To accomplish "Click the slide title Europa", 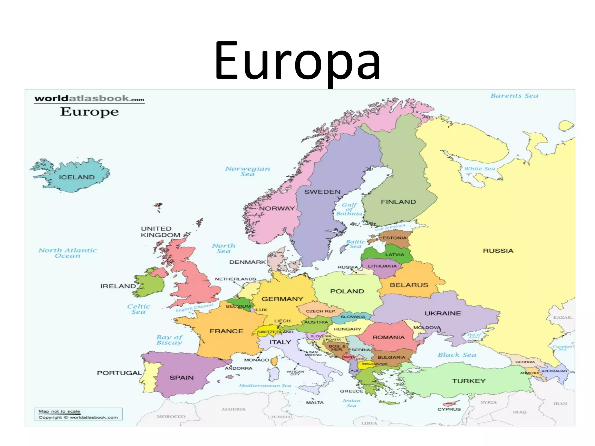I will [297, 61].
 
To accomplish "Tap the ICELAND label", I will [77, 177].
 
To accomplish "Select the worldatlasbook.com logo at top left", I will [89, 99].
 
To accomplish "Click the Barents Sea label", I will [514, 96].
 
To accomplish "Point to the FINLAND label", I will [398, 202].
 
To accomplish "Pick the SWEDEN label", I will [322, 192].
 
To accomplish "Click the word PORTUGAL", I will [119, 373].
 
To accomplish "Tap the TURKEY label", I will [469, 381].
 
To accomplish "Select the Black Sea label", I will [457, 355].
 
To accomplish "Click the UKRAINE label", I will [443, 313].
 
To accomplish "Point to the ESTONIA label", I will [394, 238].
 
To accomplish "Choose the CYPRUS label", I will [449, 409].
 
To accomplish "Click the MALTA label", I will [315, 403].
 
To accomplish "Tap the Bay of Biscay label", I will [169, 340].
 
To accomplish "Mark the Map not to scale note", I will [59, 411].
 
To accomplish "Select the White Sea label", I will [479, 169].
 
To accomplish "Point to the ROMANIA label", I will [388, 337].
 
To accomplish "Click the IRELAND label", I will [118, 286].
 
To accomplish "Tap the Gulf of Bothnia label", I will [349, 209].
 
